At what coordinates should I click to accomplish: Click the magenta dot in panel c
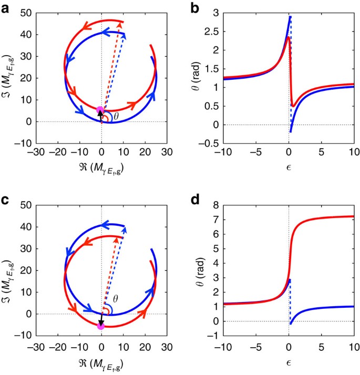pos(101,326)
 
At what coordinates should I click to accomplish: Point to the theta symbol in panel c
pos(116,298)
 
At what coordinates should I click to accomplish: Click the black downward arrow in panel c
pos(101,319)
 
